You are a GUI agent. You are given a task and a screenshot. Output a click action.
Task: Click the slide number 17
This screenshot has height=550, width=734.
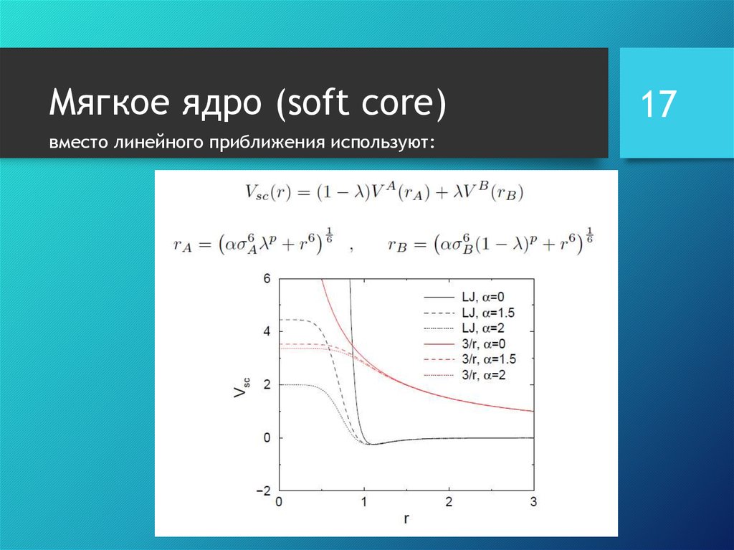click(658, 104)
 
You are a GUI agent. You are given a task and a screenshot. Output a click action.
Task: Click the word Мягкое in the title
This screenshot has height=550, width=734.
click(109, 102)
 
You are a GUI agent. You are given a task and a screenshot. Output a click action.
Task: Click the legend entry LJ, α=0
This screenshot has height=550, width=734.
click(483, 297)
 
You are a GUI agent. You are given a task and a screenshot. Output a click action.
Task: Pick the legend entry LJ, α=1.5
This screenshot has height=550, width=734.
click(488, 313)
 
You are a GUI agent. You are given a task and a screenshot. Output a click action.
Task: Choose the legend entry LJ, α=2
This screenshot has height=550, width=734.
click(483, 328)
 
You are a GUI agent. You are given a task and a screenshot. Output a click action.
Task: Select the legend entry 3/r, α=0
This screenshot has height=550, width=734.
click(484, 344)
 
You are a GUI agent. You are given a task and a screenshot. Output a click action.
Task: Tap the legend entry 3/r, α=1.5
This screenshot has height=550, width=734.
click(489, 359)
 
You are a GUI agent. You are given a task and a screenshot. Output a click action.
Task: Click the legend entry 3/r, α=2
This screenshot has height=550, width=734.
click(484, 375)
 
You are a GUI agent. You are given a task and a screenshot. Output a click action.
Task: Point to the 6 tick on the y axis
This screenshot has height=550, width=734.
click(267, 279)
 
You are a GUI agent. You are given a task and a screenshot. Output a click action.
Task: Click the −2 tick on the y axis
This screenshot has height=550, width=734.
click(264, 491)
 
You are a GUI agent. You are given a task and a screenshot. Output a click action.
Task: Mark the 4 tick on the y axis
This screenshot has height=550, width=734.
click(267, 332)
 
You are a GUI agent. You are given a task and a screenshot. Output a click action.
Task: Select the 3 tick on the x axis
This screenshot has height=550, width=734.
click(533, 502)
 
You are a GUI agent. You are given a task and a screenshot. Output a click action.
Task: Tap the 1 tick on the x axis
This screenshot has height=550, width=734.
click(364, 502)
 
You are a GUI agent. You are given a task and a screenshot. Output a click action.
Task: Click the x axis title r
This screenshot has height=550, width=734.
click(406, 519)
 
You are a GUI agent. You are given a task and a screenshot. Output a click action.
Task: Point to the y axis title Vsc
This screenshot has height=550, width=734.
click(242, 387)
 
